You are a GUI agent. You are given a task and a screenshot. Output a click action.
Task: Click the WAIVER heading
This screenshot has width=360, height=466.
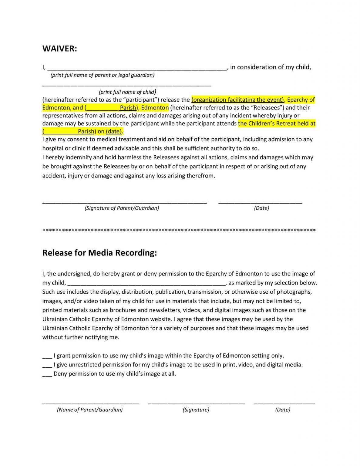(60, 49)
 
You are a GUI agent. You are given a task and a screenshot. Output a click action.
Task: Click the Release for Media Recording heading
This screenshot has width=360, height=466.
(99, 253)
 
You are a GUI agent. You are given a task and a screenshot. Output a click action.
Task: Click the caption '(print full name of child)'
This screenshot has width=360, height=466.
(127, 92)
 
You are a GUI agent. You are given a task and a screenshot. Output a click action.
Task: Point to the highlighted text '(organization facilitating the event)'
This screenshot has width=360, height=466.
(238, 100)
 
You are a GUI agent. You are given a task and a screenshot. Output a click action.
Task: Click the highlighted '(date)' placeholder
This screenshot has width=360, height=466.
(114, 131)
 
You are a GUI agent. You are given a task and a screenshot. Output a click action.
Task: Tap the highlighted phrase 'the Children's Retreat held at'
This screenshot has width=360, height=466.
(277, 123)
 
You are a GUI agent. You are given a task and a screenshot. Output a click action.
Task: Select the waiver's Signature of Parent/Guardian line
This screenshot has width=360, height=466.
(124, 202)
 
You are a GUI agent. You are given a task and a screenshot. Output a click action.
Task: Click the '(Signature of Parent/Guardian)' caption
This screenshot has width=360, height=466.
(122, 208)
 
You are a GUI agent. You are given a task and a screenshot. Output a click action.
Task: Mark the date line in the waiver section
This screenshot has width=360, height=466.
(260, 202)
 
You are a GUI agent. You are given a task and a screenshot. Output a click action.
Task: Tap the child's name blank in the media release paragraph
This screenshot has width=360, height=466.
(146, 284)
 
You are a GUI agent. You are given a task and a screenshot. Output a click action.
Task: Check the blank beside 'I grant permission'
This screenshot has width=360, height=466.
(47, 356)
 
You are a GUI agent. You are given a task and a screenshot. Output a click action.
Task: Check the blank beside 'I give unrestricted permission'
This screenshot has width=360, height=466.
(47, 366)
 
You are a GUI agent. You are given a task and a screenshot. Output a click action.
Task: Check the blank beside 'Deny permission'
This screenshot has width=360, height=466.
(47, 375)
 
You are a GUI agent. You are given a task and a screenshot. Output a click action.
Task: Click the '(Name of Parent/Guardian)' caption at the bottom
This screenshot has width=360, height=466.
(90, 410)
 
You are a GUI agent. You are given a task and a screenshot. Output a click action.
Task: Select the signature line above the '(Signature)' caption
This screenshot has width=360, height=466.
(196, 403)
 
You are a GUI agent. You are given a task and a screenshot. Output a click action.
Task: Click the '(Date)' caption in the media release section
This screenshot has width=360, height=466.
(283, 410)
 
